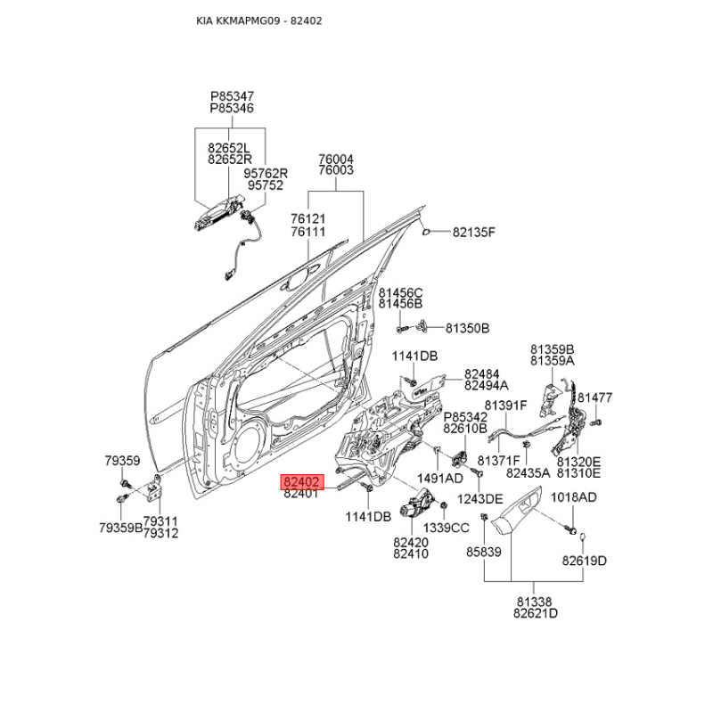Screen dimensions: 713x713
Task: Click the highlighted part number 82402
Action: [x=300, y=479]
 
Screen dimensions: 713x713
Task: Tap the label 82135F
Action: [x=472, y=233]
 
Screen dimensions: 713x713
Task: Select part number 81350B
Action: [x=467, y=328]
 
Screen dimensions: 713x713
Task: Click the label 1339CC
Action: [x=445, y=528]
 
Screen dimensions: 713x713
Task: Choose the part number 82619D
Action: [x=584, y=561]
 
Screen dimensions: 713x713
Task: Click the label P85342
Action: [x=465, y=416]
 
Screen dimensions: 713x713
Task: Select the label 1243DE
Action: [x=479, y=498]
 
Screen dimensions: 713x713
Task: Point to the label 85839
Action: [x=484, y=553]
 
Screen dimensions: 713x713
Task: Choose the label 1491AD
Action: [x=440, y=478]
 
